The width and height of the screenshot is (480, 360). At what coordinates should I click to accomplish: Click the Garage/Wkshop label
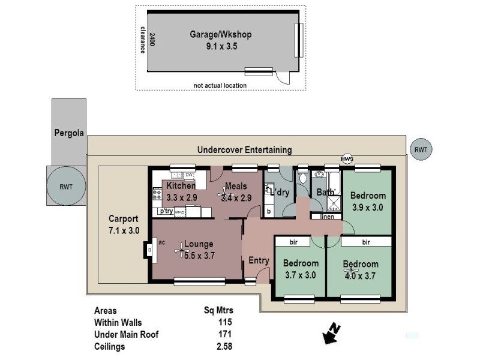click(x=220, y=34)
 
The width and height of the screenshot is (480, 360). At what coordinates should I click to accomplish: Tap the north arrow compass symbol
click(x=331, y=333)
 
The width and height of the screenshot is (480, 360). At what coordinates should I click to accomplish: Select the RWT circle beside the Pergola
click(x=66, y=186)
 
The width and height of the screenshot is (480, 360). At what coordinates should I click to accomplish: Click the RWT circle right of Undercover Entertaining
click(x=420, y=149)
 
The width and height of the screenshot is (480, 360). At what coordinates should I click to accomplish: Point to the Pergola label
click(x=68, y=133)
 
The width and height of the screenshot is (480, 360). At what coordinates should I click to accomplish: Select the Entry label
click(x=259, y=260)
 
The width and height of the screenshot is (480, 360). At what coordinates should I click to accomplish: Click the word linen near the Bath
click(x=327, y=217)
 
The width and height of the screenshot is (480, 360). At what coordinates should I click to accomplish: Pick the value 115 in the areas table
click(x=225, y=322)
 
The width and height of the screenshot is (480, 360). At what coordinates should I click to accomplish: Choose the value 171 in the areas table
click(x=225, y=334)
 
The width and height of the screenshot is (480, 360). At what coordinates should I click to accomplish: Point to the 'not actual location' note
click(x=220, y=85)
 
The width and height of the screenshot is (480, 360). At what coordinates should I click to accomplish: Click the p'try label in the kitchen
click(x=166, y=212)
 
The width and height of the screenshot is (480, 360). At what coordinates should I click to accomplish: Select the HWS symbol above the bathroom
click(x=347, y=158)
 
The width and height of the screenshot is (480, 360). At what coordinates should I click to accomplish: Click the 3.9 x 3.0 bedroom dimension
click(x=368, y=208)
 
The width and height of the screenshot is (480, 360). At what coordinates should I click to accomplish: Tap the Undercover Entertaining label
click(x=244, y=150)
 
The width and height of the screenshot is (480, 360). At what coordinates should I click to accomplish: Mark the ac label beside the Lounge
click(x=162, y=242)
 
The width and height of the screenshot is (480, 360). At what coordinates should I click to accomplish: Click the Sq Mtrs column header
click(x=218, y=311)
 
